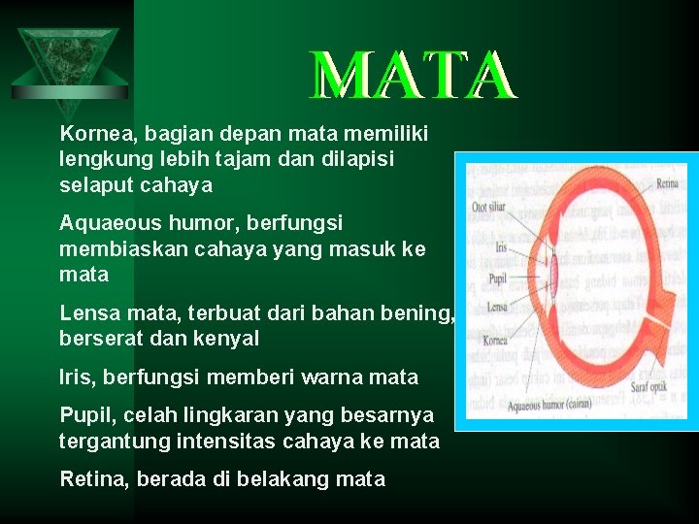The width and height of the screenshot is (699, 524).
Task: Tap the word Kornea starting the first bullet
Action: click(91, 132)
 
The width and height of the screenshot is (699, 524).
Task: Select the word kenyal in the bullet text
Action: click(229, 339)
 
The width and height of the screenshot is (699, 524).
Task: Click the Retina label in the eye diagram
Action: click(667, 181)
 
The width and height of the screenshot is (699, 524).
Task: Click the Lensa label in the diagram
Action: click(497, 307)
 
